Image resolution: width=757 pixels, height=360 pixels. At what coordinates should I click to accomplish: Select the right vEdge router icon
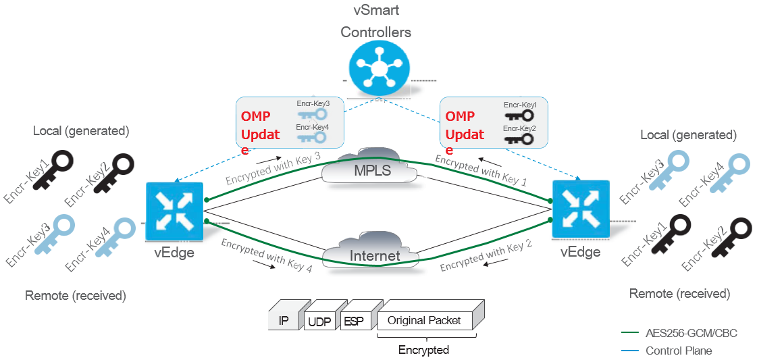pyautogui.click(x=580, y=209)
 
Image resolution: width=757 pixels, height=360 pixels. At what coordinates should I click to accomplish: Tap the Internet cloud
pyautogui.click(x=374, y=255)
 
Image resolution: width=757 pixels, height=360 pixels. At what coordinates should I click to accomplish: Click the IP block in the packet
pyautogui.click(x=284, y=321)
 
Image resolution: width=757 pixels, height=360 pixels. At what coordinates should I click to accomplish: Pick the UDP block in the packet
pyautogui.click(x=319, y=322)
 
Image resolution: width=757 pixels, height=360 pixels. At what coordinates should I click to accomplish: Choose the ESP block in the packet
pyautogui.click(x=353, y=321)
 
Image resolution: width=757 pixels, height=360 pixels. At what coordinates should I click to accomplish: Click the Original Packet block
pyautogui.click(x=424, y=320)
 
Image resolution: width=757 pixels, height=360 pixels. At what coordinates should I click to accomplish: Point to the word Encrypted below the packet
pyautogui.click(x=423, y=350)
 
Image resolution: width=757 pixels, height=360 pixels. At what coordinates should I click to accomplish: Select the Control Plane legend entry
pyautogui.click(x=679, y=351)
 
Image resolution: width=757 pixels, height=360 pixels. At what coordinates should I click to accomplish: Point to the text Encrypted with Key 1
pyautogui.click(x=480, y=171)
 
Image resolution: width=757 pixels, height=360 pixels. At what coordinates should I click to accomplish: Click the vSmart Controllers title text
pyautogui.click(x=375, y=22)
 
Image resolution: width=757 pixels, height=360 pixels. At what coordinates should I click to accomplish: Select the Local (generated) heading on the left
pyautogui.click(x=81, y=130)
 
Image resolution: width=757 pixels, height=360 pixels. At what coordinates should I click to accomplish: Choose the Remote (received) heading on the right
pyautogui.click(x=679, y=294)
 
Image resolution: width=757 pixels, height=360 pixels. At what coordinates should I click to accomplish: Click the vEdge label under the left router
pyautogui.click(x=174, y=253)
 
